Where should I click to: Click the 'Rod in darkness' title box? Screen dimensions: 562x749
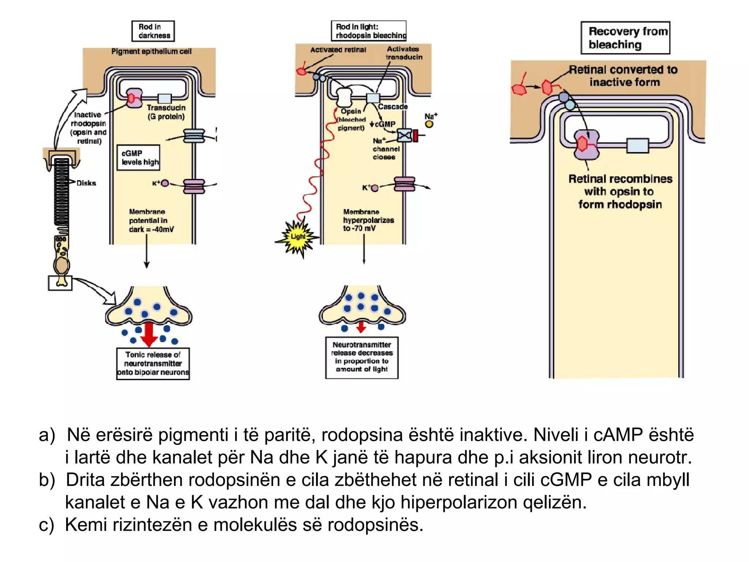click(x=153, y=31)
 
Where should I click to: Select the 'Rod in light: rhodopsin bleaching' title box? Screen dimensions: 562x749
click(x=369, y=31)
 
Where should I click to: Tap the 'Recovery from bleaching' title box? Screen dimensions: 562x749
click(x=625, y=38)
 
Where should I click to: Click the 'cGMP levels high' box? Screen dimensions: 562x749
click(x=138, y=158)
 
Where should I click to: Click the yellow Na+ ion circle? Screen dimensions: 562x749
click(x=429, y=124)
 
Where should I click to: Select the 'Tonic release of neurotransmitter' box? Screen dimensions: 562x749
click(x=153, y=364)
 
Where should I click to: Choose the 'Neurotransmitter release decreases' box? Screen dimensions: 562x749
click(x=362, y=357)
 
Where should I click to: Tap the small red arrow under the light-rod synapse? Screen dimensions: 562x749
click(x=361, y=327)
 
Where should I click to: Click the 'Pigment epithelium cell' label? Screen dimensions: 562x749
click(x=151, y=52)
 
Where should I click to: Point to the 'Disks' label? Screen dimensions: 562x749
click(x=86, y=183)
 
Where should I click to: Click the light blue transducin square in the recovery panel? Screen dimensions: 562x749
click(x=637, y=145)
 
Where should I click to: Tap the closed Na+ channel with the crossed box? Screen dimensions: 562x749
click(x=405, y=136)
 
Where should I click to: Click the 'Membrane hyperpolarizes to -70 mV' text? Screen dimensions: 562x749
click(x=368, y=220)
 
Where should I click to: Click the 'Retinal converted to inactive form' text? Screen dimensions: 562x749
click(x=624, y=76)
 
